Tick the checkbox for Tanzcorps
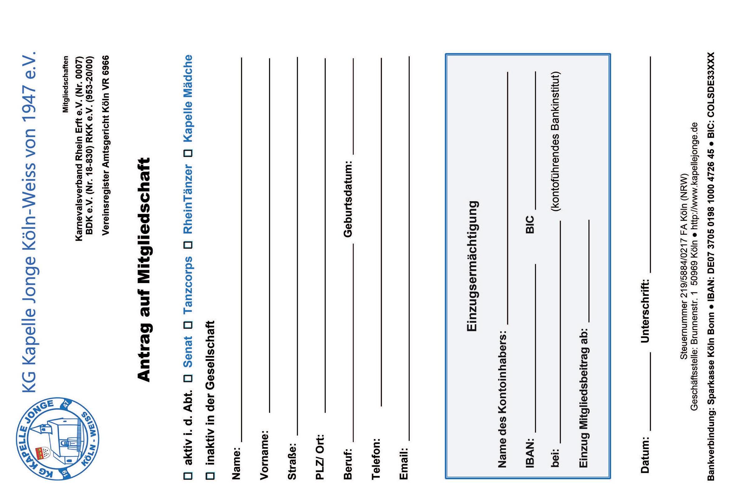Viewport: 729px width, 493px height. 188,324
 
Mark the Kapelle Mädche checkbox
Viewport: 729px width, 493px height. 188,153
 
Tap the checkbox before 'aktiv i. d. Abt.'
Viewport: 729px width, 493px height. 188,476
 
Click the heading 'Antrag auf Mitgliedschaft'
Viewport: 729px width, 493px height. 145,270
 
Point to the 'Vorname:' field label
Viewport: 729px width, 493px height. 264,455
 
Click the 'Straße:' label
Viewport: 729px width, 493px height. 292,461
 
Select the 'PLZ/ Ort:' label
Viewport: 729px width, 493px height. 320,457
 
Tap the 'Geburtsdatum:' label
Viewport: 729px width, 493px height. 348,199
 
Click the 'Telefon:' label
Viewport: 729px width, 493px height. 376,459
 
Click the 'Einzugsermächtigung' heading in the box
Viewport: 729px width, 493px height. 472,266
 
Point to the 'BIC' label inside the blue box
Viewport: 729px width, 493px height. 530,225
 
